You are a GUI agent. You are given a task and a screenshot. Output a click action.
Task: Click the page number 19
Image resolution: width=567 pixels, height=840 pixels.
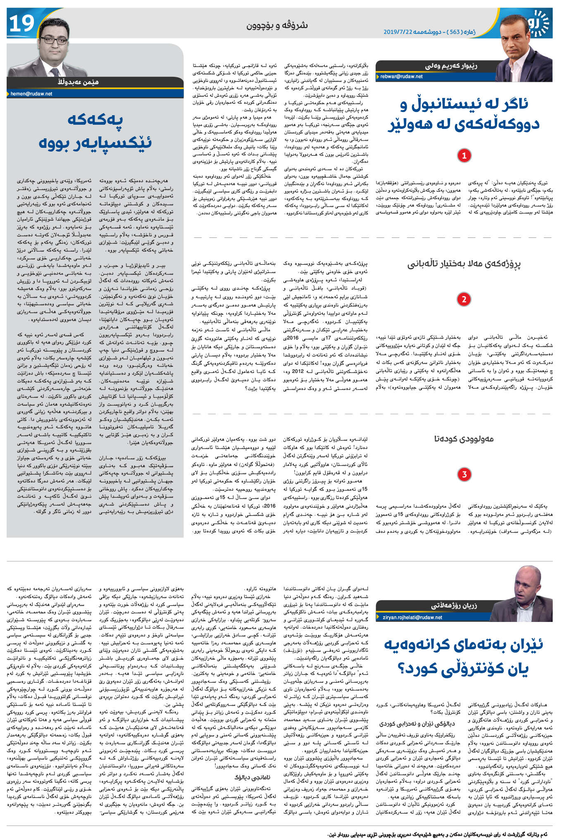pos(21,24)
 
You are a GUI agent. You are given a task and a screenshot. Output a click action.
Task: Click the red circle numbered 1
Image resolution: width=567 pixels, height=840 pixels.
pos(464,156)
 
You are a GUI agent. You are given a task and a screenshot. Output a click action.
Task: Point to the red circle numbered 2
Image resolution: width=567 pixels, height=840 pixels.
pos(464,299)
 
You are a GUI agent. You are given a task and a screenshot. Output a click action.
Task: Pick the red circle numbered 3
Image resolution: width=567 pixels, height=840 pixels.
pos(464,474)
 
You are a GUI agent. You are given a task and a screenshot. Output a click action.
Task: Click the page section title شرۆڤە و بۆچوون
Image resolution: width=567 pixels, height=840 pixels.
pos(277,26)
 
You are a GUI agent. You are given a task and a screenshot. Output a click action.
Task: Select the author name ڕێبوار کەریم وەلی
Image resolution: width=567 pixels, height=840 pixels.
pos(451,66)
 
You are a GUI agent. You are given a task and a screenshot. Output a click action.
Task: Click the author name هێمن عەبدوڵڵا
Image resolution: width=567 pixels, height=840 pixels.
pos(78,82)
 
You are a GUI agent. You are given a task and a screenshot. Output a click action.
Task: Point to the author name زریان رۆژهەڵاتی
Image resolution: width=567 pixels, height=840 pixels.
pos(454,606)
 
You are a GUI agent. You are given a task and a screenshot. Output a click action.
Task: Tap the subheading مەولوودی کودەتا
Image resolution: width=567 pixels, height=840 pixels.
pos(464,439)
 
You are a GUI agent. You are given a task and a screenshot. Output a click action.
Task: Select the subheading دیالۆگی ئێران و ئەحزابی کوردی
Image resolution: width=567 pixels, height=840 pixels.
pos(417,724)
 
